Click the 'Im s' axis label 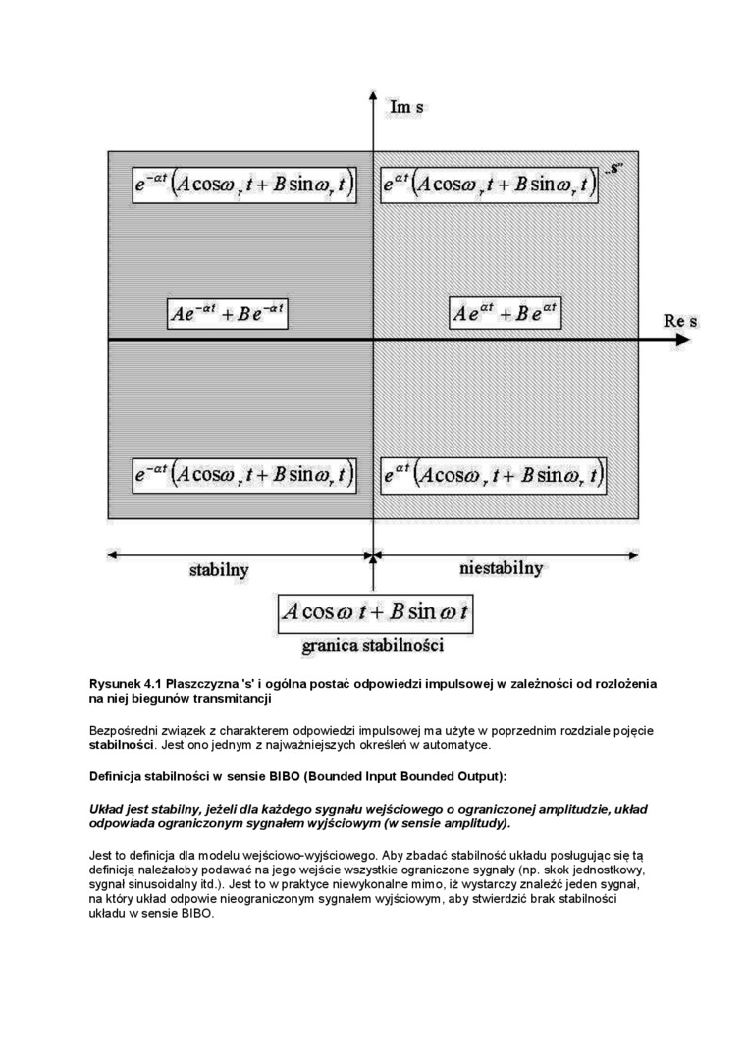coord(406,106)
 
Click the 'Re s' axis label coord(680,321)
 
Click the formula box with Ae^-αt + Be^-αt coord(228,314)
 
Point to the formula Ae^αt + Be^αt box coord(505,314)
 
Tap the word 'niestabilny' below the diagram coord(501,568)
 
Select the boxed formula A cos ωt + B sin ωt coord(375,613)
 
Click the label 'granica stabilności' coord(373,646)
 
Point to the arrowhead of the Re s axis coord(682,340)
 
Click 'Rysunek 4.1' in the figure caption coord(125,683)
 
